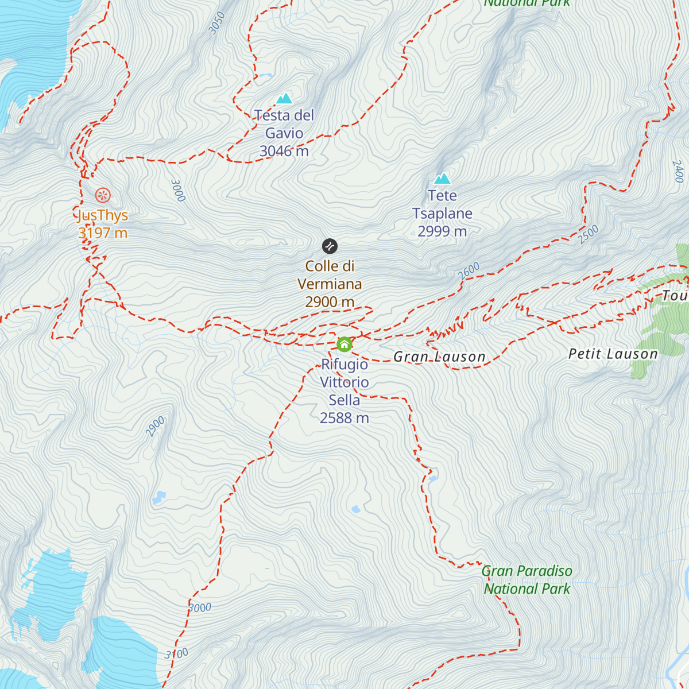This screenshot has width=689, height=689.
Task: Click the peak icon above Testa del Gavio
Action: click(284, 99)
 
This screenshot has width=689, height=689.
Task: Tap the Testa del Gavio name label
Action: click(284, 124)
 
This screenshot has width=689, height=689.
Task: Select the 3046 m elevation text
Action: click(284, 151)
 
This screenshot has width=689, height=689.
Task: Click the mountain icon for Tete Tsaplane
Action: click(442, 179)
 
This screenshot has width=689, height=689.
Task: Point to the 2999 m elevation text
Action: click(442, 231)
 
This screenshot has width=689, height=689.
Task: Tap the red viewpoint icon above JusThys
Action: click(103, 195)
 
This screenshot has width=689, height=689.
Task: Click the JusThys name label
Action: click(103, 215)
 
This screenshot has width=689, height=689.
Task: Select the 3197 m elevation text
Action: click(103, 233)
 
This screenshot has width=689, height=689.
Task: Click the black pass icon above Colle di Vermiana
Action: click(330, 246)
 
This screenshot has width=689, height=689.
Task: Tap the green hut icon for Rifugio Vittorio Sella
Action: click(344, 344)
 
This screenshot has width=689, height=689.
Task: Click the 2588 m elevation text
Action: click(344, 418)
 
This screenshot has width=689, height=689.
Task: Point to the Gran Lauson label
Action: click(439, 357)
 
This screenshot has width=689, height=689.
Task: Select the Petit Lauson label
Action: click(613, 354)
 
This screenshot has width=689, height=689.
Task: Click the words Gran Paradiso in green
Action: click(527, 571)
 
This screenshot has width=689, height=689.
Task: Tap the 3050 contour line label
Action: click(216, 23)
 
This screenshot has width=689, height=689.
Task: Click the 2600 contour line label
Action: click(469, 271)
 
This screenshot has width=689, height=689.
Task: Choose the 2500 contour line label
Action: click(588, 234)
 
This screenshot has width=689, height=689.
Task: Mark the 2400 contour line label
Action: click(678, 171)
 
